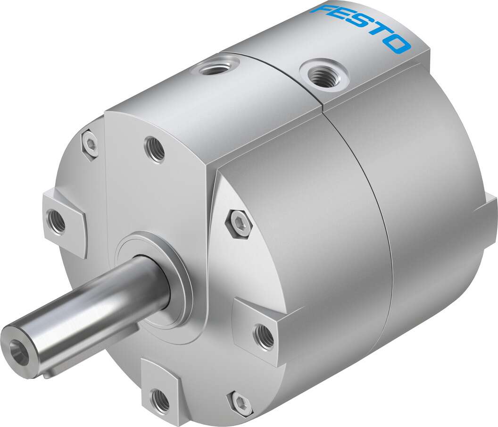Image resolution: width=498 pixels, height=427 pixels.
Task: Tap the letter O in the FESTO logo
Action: tap(397, 44)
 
